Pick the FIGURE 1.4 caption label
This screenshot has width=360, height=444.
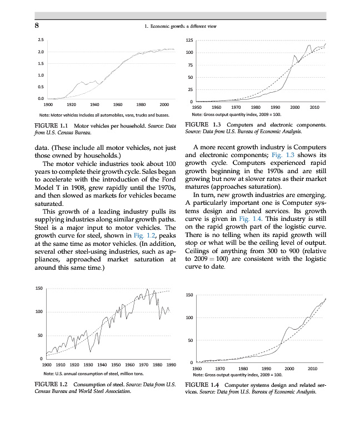[x=203, y=384]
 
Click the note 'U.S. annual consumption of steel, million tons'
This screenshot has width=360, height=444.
[x=101, y=373]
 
